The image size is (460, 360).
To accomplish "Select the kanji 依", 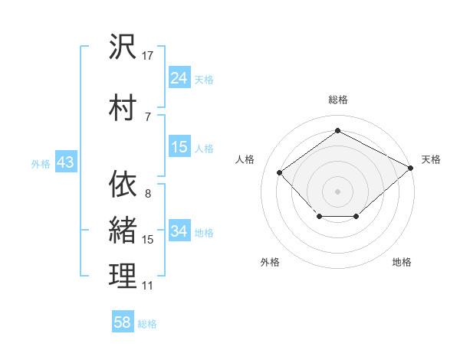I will tap(123, 185).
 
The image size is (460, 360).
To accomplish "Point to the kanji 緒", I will tap(123, 230).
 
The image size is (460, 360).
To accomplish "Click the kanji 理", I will tap(123, 276).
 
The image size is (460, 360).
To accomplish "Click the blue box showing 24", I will tap(179, 78).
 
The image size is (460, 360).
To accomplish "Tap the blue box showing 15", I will tap(179, 147).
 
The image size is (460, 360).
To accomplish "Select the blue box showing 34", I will tap(179, 231).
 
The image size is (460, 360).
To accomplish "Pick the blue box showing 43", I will tap(64, 162).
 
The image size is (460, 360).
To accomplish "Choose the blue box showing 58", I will tap(123, 322).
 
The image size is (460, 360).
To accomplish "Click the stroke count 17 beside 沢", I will tap(148, 56).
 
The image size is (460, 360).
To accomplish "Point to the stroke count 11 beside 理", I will tap(148, 286).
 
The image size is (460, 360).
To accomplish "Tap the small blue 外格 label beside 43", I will tap(40, 163).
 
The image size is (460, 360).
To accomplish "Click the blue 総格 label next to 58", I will tap(147, 324).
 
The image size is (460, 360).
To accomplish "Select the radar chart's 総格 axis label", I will tap(337, 100).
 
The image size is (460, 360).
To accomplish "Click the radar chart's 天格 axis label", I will tap(431, 159).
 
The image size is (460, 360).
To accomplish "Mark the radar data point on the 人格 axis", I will tap(280, 173).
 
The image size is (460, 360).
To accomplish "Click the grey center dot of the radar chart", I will tap(337, 191).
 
